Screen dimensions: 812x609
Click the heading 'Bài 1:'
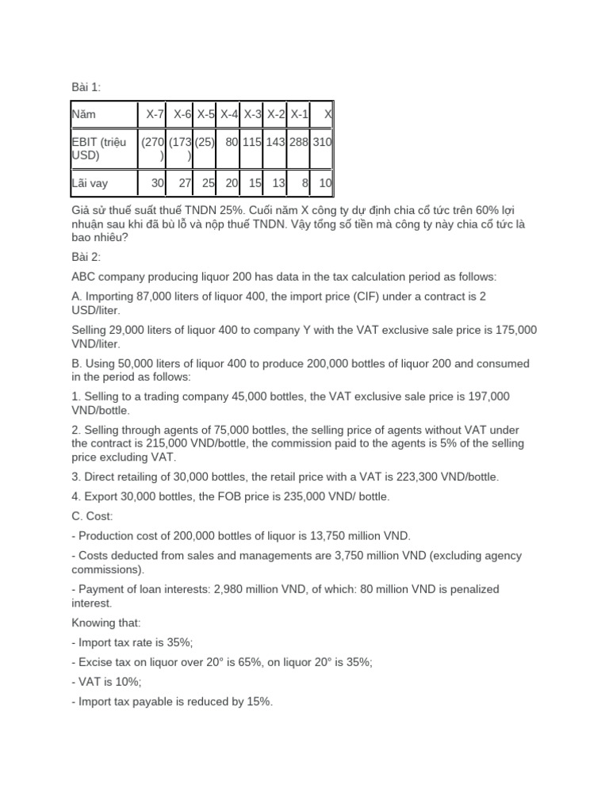point(86,87)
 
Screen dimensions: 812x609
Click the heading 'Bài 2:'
point(86,257)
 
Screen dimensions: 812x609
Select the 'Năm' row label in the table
point(83,114)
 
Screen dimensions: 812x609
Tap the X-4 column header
point(229,114)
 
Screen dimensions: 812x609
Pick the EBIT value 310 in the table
point(322,143)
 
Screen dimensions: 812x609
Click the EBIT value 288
point(299,143)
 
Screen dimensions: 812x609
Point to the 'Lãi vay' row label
point(90,183)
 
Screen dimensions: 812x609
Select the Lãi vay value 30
point(157,183)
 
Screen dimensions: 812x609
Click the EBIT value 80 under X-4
point(232,143)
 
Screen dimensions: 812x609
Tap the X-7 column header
point(155,114)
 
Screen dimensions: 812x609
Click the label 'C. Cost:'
point(95,515)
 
